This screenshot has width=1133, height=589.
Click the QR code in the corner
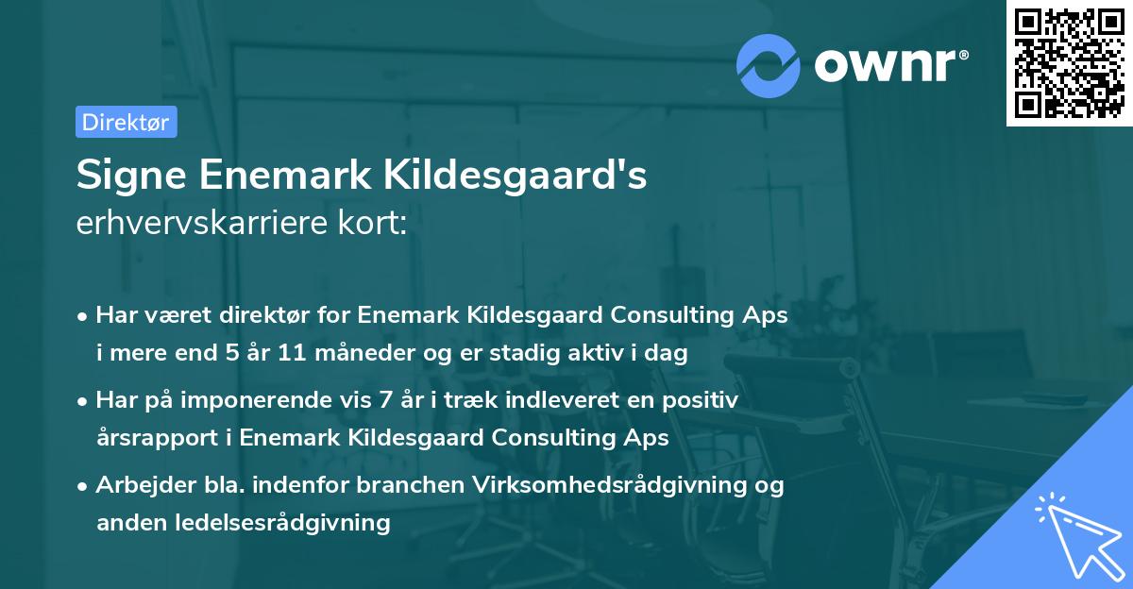point(1069,63)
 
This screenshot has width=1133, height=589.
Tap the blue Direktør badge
point(126,122)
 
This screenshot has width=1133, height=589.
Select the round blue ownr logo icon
point(768,65)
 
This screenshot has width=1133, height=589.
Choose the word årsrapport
point(152,437)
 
